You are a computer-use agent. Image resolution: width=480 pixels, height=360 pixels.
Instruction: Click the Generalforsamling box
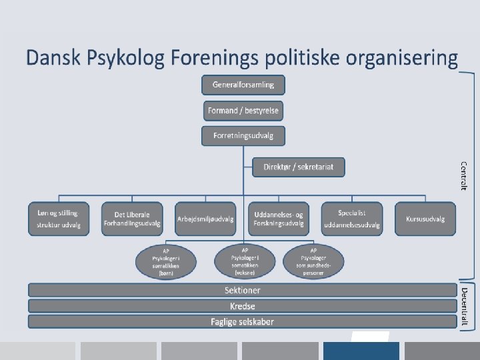pyautogui.click(x=243, y=85)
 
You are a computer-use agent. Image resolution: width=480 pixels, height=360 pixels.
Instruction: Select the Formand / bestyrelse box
pyautogui.click(x=243, y=110)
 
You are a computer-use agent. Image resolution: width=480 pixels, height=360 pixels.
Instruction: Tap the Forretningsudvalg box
pyautogui.click(x=243, y=135)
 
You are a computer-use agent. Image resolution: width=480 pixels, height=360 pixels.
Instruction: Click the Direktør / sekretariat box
pyautogui.click(x=299, y=167)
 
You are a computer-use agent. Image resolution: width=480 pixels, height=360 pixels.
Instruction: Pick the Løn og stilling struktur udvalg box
pyautogui.click(x=58, y=219)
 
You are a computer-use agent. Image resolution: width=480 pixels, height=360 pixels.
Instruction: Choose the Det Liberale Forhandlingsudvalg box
pyautogui.click(x=132, y=219)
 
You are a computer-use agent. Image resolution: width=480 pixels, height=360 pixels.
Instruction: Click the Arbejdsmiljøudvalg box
pyautogui.click(x=205, y=219)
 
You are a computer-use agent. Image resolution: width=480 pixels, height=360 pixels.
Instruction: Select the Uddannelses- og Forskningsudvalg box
pyautogui.click(x=279, y=219)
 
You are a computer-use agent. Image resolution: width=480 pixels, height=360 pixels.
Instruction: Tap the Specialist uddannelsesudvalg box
pyautogui.click(x=352, y=219)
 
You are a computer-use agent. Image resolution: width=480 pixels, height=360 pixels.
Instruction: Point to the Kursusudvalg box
pyautogui.click(x=425, y=219)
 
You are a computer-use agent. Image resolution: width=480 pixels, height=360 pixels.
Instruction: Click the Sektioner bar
pyautogui.click(x=242, y=290)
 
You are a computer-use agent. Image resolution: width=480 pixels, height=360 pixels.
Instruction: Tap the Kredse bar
pyautogui.click(x=242, y=306)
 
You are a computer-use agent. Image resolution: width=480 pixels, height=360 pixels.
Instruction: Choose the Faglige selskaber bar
pyautogui.click(x=242, y=321)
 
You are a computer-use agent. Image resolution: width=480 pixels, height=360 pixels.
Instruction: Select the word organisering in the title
pyautogui.click(x=403, y=58)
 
